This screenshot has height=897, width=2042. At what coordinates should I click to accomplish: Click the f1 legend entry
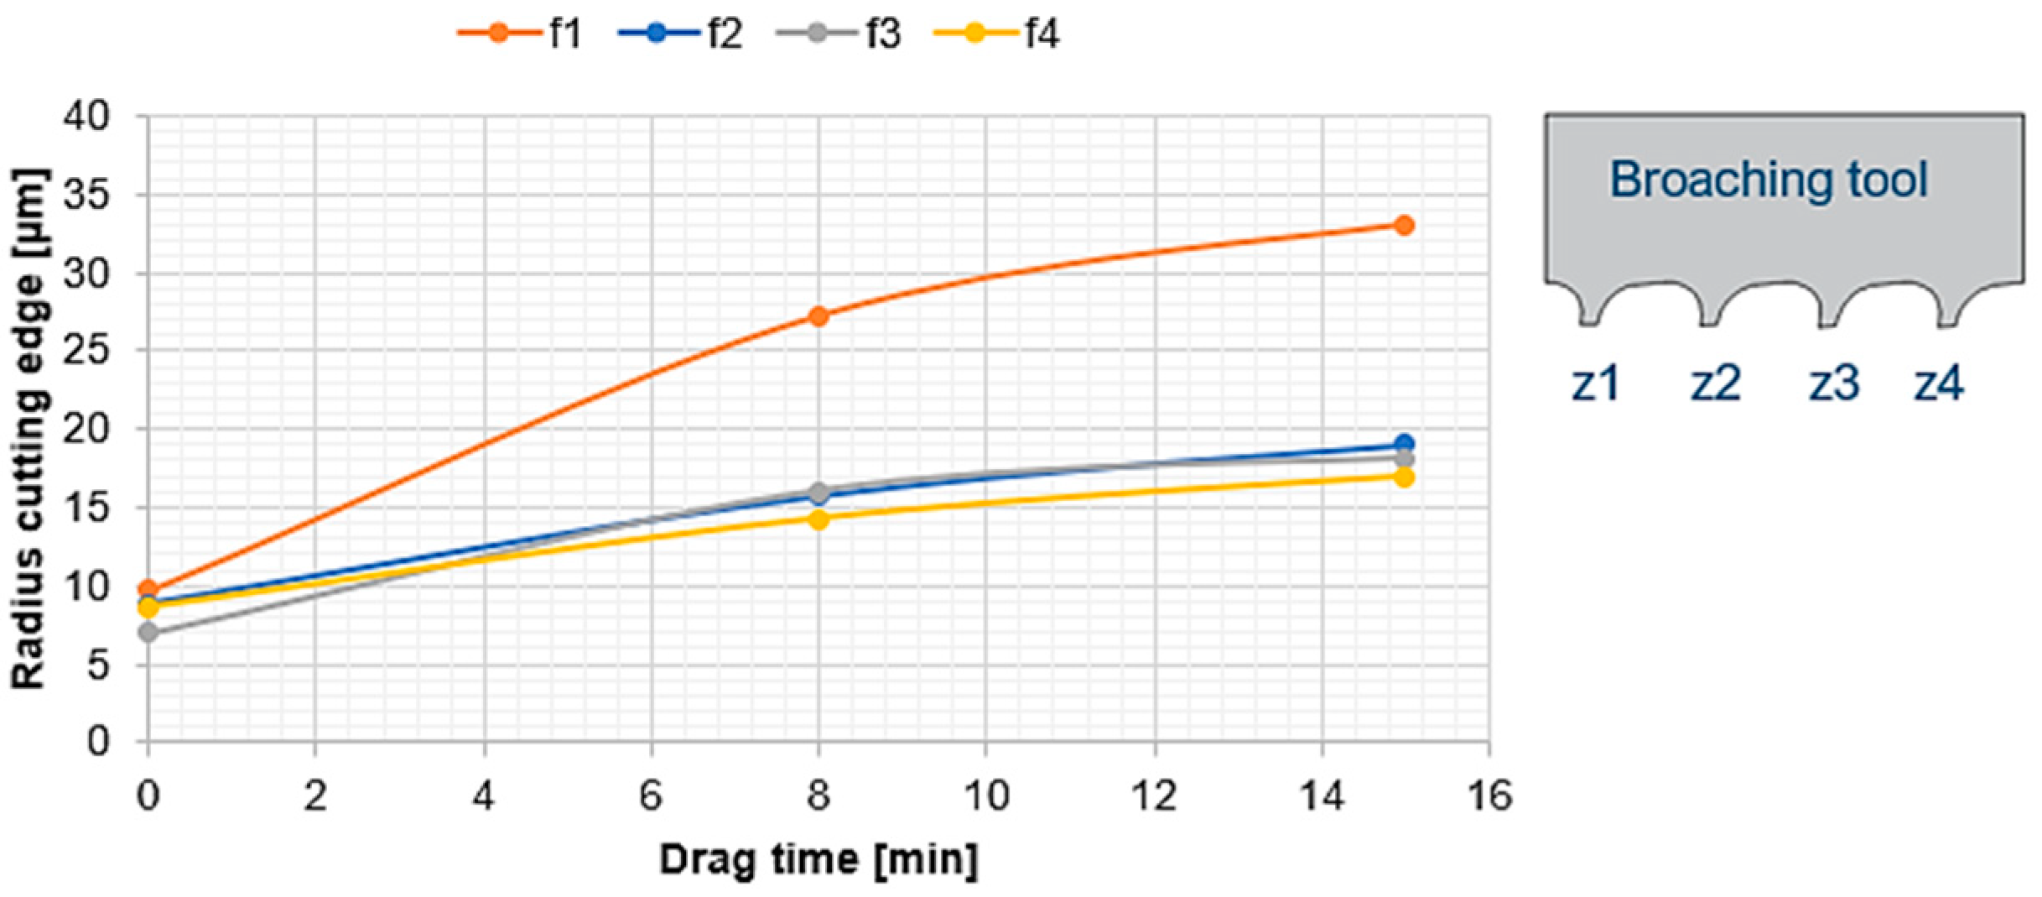point(520,34)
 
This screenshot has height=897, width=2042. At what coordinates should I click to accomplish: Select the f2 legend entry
point(680,34)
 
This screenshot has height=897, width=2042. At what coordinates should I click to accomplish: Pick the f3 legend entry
point(839,34)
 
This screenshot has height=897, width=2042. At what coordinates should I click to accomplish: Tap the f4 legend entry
point(997,34)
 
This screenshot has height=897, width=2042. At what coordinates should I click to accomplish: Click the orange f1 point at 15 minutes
point(1404,225)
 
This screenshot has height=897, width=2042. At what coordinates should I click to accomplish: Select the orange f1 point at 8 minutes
point(818,316)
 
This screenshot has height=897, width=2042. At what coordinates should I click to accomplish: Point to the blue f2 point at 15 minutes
point(1404,444)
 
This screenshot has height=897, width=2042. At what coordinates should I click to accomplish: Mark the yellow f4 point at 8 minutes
point(818,519)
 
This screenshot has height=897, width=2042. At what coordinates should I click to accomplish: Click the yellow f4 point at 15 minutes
point(1404,477)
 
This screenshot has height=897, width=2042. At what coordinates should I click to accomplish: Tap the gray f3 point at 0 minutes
point(148,632)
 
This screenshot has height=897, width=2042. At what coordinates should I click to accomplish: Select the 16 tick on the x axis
point(1489,795)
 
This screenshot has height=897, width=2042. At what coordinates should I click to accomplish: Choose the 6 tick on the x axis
point(651,795)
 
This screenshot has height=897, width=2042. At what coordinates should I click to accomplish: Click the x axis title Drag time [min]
point(818,859)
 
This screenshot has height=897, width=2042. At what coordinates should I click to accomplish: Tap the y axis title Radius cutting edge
point(29,428)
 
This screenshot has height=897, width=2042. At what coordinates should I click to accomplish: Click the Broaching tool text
point(1768,180)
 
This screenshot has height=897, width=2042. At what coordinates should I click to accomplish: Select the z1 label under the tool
point(1595,383)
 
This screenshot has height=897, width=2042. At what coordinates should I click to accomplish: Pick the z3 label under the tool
point(1834,383)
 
